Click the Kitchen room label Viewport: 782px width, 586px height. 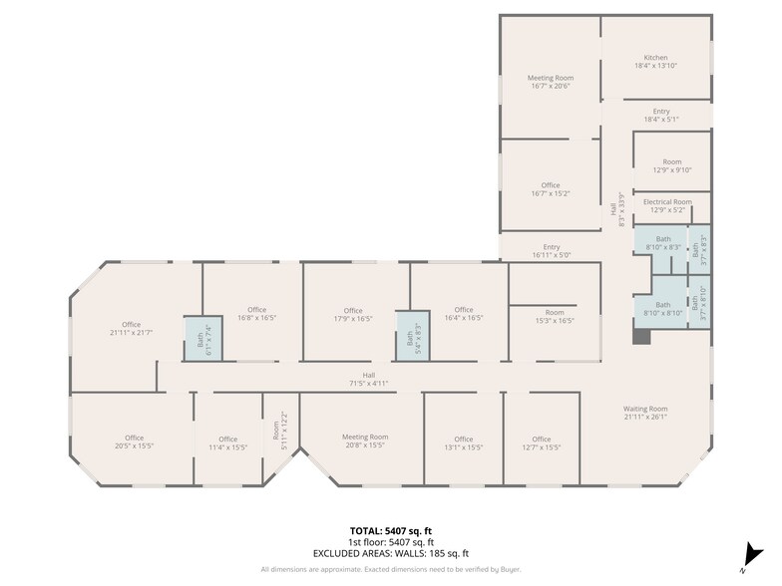(x=655, y=58)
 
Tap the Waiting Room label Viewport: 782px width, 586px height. (x=644, y=409)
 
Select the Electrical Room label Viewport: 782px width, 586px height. (x=667, y=201)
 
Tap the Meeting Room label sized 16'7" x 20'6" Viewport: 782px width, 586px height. (x=551, y=78)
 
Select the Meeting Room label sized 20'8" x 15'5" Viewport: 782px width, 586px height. (x=365, y=437)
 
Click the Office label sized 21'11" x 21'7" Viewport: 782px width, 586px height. (x=131, y=324)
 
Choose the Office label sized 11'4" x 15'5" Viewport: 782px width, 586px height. (x=227, y=439)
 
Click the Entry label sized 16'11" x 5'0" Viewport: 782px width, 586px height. (x=552, y=247)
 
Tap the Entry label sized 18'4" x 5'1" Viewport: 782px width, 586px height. (x=660, y=112)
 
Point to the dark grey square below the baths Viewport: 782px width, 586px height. (x=641, y=337)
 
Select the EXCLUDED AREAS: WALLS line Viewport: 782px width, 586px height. (x=390, y=553)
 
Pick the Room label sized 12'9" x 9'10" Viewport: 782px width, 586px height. (x=671, y=162)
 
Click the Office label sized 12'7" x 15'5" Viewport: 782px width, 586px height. (x=541, y=439)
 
